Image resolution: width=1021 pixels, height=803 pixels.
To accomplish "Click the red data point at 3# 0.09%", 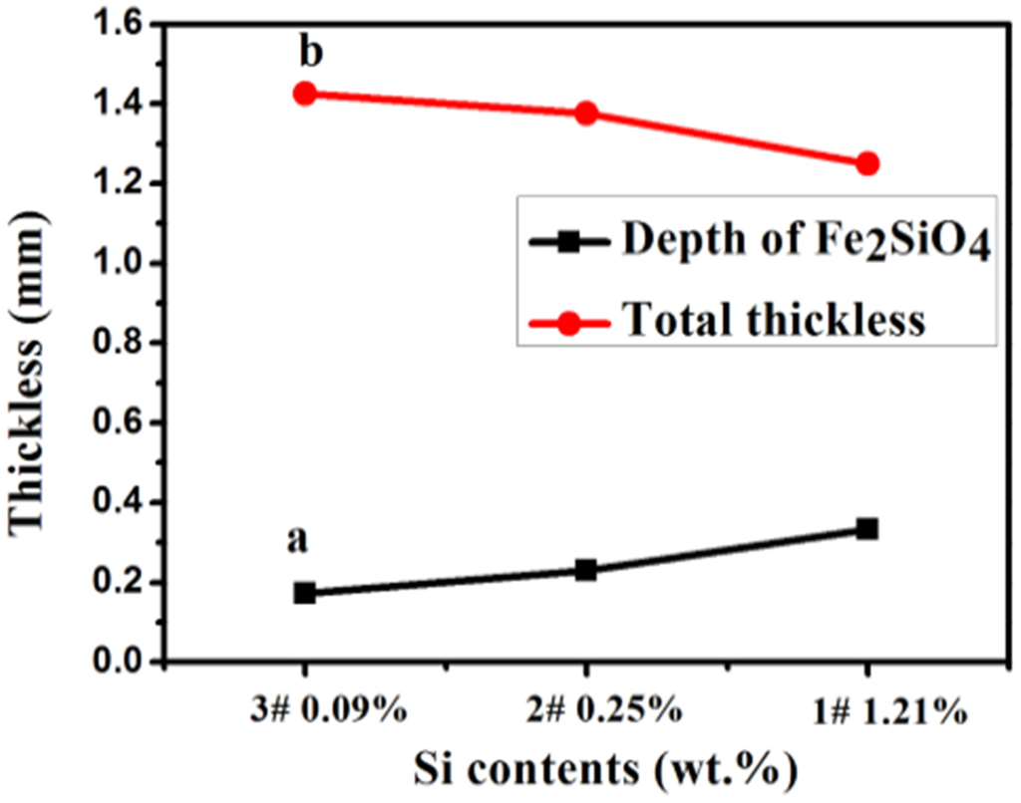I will (304, 94).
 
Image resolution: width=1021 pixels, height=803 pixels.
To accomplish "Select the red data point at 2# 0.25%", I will (586, 114).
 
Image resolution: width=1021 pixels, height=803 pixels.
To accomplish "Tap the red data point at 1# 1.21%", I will (867, 163).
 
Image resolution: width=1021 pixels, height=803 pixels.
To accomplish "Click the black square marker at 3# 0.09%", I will (304, 593).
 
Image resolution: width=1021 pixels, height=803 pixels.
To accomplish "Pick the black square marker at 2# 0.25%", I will (586, 571).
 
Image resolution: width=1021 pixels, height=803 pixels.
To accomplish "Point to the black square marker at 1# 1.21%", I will (867, 528).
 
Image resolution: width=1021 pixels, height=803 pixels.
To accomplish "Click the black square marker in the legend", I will (570, 241).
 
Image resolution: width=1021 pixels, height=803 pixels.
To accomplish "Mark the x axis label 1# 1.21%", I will (884, 712).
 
